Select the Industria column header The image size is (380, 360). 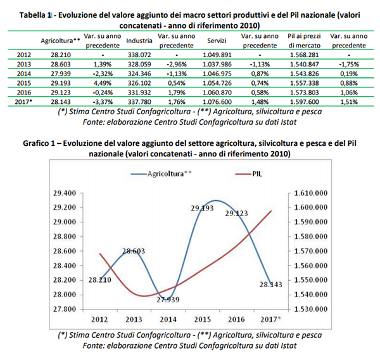[139, 41]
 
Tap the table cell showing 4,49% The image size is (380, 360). [98, 82]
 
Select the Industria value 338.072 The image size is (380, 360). [139, 56]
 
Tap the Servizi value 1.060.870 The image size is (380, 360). [217, 91]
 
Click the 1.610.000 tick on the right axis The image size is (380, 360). [312, 193]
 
